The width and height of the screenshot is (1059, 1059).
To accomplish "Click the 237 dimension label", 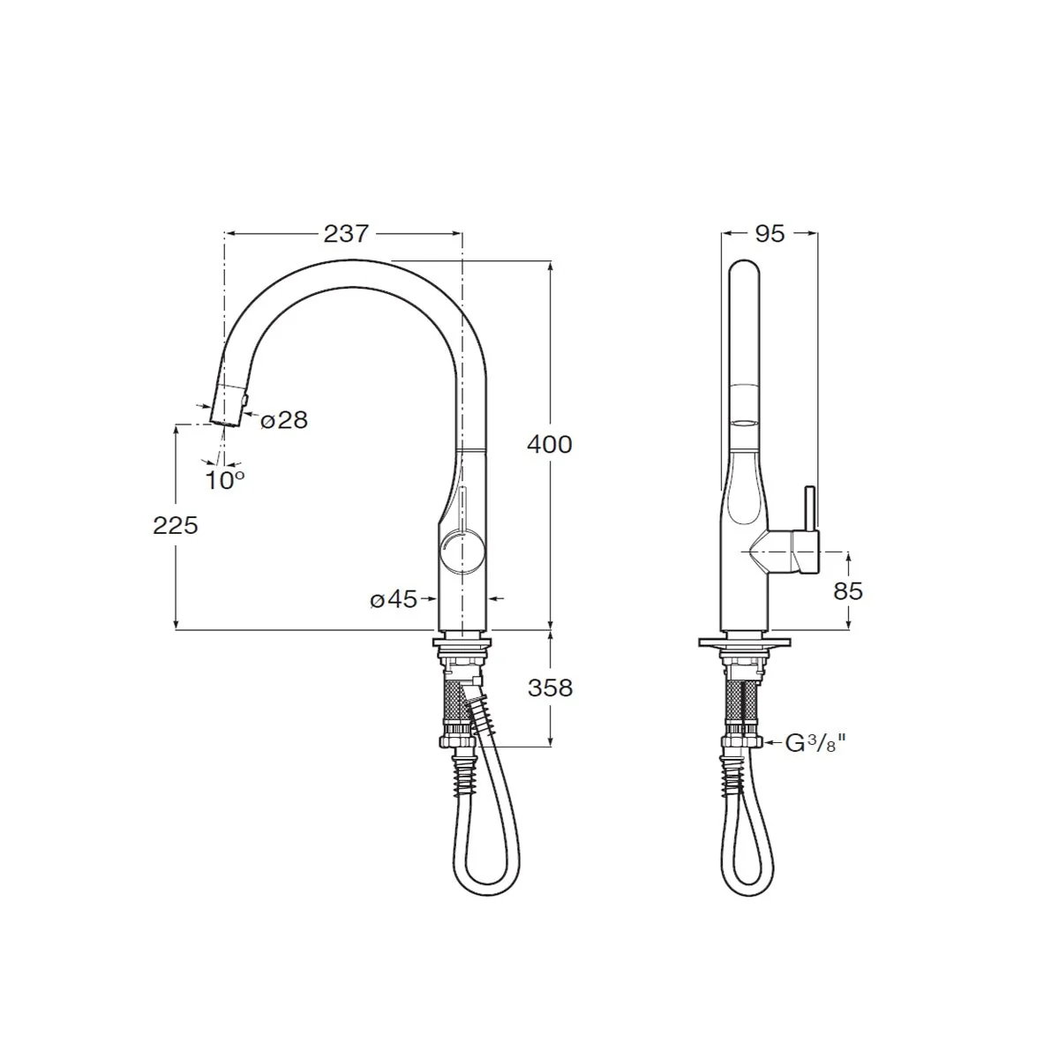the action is click(x=345, y=235).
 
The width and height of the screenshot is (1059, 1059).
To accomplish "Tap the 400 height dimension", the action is click(x=550, y=444).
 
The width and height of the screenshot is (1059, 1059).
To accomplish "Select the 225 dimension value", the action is click(x=176, y=526).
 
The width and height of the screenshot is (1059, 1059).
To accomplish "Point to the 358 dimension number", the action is click(x=550, y=687).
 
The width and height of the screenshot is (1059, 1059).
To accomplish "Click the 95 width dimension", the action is click(x=770, y=234).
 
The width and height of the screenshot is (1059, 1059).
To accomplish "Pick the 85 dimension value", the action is click(x=848, y=591).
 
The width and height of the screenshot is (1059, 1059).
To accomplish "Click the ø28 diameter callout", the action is click(x=283, y=420).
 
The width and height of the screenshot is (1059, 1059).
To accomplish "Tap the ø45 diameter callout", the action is click(x=394, y=599).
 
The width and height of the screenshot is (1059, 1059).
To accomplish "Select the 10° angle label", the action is click(x=224, y=481).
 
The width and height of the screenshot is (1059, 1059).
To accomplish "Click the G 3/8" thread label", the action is click(x=815, y=744).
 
